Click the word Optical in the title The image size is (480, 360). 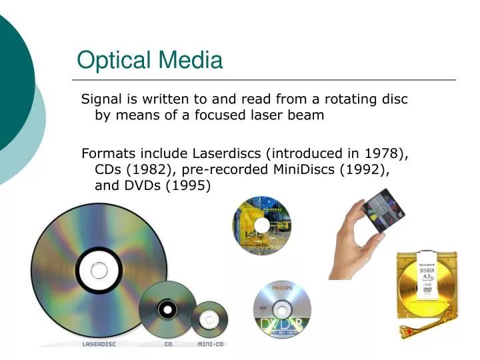pos(113,61)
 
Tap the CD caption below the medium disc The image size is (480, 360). pos(168,344)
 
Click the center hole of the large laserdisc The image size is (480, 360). pos(98,270)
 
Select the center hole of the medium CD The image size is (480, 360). pos(167,309)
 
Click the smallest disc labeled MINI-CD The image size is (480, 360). pos(209,319)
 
